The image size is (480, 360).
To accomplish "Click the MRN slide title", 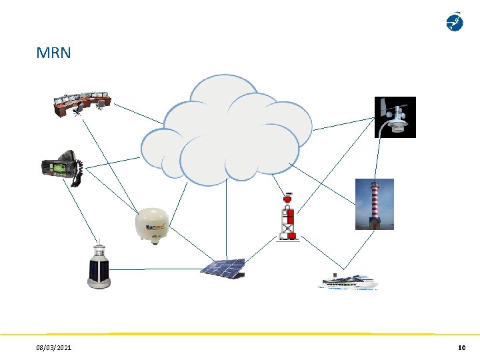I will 53,53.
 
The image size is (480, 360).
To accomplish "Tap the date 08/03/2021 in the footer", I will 55,348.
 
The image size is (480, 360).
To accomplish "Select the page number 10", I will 461,348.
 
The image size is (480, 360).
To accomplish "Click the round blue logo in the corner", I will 454,22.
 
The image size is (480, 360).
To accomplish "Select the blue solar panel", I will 223,268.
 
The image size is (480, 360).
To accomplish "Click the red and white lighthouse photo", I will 373,204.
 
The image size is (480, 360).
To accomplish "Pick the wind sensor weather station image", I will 395,117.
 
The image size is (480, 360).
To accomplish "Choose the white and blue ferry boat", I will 349,281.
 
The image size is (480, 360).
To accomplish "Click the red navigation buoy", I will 289,217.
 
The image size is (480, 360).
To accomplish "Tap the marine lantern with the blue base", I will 99,267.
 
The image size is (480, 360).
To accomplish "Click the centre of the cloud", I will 227,133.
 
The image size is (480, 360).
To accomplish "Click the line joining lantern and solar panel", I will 157,269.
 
